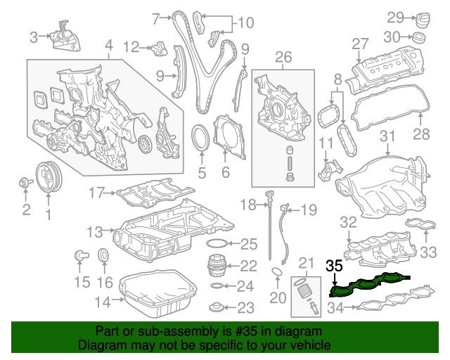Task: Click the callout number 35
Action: click(x=334, y=266)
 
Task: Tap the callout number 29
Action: click(x=395, y=17)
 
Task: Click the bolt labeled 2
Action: click(x=25, y=184)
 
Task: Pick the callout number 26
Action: click(x=283, y=56)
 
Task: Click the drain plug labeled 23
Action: click(x=218, y=307)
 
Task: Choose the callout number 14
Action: click(x=103, y=303)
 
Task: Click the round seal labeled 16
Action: click(x=103, y=255)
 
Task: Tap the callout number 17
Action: click(x=96, y=192)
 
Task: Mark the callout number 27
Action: click(x=360, y=44)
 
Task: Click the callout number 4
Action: click(x=109, y=48)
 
